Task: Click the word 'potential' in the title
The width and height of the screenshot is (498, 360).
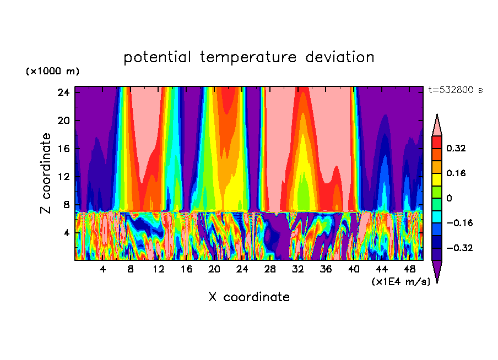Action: point(157,58)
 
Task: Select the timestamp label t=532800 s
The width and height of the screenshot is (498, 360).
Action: point(456,90)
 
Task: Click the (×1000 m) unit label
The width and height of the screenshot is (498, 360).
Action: point(52,72)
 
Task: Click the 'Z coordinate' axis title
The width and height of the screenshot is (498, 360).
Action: point(46,173)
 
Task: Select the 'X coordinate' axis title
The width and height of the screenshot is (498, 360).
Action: point(249,297)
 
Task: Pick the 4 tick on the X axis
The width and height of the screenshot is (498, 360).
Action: point(102,270)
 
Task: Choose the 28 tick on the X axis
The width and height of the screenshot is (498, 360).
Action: point(270,270)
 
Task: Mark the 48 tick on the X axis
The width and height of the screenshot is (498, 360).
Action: point(409,270)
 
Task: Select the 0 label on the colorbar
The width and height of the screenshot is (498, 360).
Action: point(450,198)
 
